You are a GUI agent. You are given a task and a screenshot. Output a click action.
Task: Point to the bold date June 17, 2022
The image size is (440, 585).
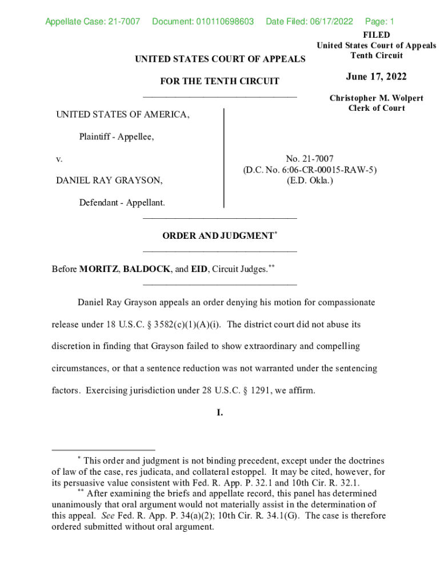376,77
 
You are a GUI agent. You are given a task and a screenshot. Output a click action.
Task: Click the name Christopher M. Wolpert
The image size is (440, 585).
376,98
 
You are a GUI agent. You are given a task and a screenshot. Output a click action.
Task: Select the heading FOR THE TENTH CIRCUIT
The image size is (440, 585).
220,81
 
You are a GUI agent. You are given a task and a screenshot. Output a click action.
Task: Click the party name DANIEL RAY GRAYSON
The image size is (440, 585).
109,181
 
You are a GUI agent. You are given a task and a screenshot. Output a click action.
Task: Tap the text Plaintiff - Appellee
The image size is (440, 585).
117,137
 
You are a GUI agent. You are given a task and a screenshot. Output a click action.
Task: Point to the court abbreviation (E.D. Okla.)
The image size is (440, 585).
310,181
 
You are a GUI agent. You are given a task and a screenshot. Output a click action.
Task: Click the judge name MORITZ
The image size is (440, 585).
98,269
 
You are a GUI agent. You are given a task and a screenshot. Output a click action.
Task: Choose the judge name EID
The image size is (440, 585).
199,269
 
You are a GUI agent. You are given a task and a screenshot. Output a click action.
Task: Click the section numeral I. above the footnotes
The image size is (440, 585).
220,412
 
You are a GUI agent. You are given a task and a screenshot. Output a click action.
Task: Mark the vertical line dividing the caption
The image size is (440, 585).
223,158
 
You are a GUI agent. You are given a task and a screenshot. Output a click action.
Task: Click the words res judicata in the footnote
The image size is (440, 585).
166,472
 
